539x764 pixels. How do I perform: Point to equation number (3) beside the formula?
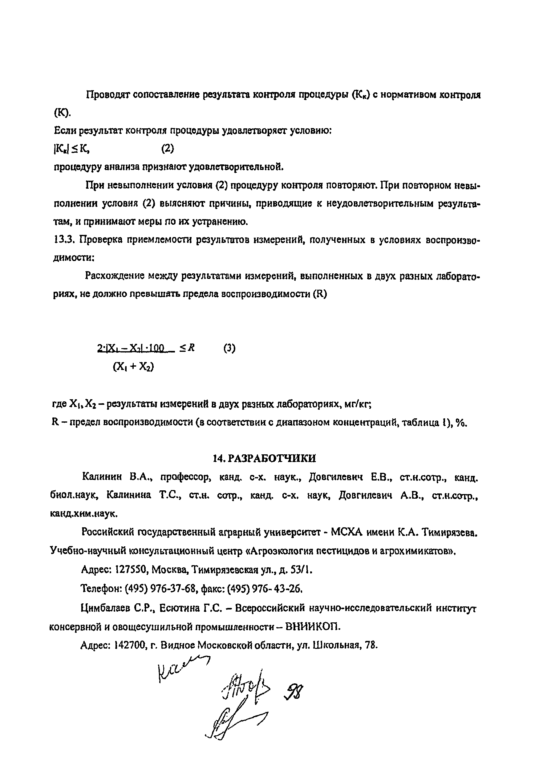click(229, 348)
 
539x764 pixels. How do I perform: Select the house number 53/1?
click(301, 570)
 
